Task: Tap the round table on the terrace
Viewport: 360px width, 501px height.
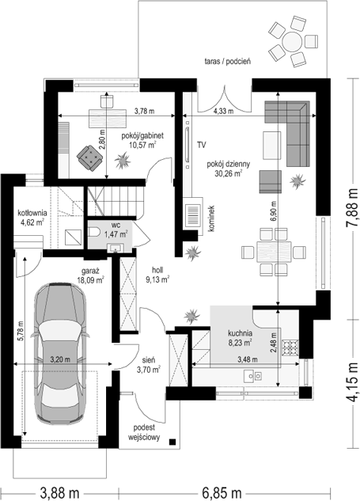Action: point(292,41)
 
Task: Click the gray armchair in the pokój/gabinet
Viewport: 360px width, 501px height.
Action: point(89,158)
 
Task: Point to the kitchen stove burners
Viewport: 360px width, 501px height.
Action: point(290,347)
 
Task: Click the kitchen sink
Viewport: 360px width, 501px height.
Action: point(253,376)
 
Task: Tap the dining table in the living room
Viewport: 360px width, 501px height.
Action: point(274,252)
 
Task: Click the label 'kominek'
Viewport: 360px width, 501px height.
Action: point(212,218)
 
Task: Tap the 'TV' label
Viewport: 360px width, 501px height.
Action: point(201,145)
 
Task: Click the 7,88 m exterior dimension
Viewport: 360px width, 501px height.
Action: point(352,207)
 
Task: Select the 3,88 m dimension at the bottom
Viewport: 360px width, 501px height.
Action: point(59,493)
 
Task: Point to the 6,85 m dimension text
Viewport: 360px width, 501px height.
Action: point(222,493)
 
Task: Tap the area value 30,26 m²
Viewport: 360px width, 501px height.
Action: point(229,173)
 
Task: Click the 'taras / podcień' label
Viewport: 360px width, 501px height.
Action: point(227,62)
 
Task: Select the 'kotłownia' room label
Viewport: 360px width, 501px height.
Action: point(32,212)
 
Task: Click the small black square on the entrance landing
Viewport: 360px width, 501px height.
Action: point(172,442)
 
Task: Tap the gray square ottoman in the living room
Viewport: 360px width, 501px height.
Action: point(271,182)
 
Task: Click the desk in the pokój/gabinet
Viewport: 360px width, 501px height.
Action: point(108,117)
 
